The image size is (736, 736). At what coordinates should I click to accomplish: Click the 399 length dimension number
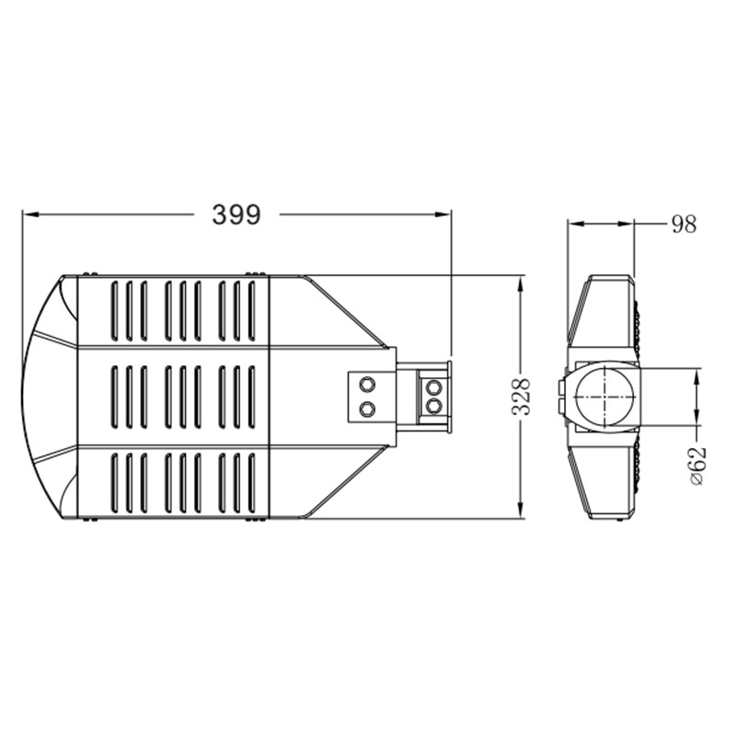tap(236, 215)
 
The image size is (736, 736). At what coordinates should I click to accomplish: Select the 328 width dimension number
tap(521, 397)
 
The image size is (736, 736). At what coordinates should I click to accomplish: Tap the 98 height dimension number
tap(684, 224)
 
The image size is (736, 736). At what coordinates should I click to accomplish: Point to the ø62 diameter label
tap(698, 466)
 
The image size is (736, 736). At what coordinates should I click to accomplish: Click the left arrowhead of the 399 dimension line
tap(30, 214)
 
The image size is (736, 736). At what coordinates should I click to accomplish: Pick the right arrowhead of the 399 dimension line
tap(443, 214)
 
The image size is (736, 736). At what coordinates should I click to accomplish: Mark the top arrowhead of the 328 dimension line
tap(520, 283)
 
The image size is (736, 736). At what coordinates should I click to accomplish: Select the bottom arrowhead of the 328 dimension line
tap(520, 511)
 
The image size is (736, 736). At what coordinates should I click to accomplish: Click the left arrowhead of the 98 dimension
tap(576, 224)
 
